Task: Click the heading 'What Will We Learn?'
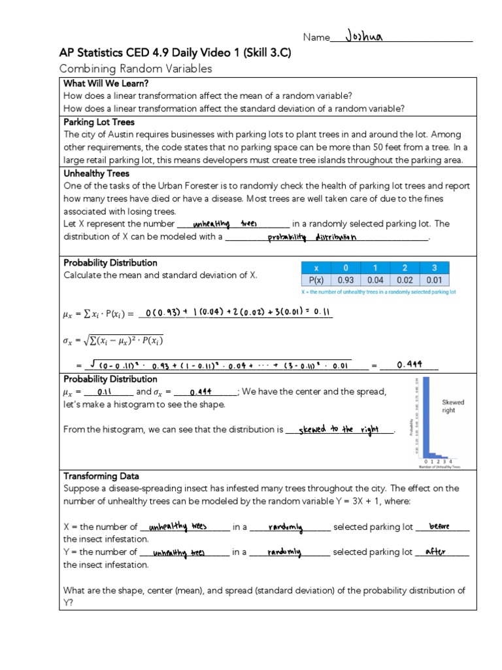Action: pyautogui.click(x=106, y=83)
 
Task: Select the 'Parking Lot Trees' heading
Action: pyautogui.click(x=99, y=122)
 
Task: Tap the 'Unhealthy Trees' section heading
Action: pyautogui.click(x=96, y=173)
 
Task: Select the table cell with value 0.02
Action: pyautogui.click(x=405, y=280)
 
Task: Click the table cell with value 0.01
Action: pyautogui.click(x=434, y=280)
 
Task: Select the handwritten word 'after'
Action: pyautogui.click(x=435, y=552)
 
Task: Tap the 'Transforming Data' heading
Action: pyautogui.click(x=101, y=476)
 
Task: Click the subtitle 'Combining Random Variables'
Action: pyautogui.click(x=135, y=69)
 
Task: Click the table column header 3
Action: pyautogui.click(x=434, y=267)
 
